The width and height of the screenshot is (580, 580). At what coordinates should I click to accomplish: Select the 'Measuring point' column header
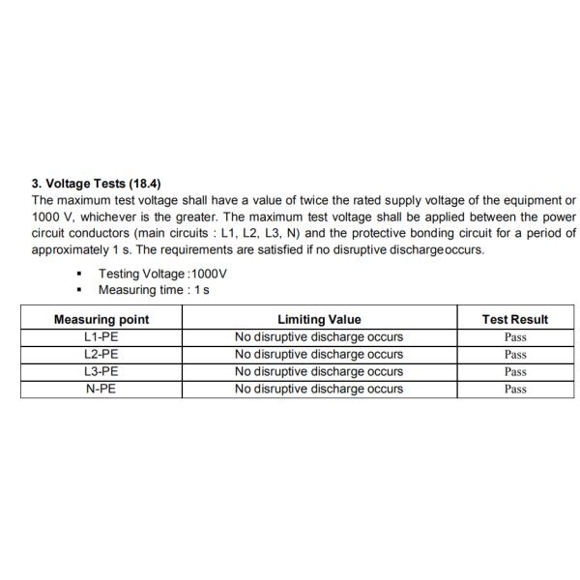[x=101, y=319]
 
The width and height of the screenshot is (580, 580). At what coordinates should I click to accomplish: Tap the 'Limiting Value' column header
[x=319, y=319]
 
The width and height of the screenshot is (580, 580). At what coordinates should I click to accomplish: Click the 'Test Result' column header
[x=515, y=319]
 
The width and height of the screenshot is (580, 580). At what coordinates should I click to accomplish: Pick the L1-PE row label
[x=101, y=337]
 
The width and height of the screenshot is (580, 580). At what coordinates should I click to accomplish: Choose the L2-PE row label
[x=101, y=355]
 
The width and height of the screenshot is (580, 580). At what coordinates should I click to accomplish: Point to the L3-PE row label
[x=101, y=371]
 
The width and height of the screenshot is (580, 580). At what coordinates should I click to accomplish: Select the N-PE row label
[x=101, y=389]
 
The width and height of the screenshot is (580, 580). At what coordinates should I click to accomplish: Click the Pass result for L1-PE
[x=515, y=337]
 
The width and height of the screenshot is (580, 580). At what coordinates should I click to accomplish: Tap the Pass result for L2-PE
[x=515, y=355]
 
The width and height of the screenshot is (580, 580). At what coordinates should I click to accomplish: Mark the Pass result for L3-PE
[x=515, y=372]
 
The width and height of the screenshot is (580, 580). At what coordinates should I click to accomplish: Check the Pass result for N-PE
[x=515, y=390]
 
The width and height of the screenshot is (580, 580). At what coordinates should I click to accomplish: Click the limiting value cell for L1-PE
[x=319, y=337]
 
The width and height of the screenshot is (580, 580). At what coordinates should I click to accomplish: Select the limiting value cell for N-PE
[x=319, y=389]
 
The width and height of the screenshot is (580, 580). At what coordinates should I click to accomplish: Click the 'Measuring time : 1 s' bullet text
[x=154, y=290]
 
